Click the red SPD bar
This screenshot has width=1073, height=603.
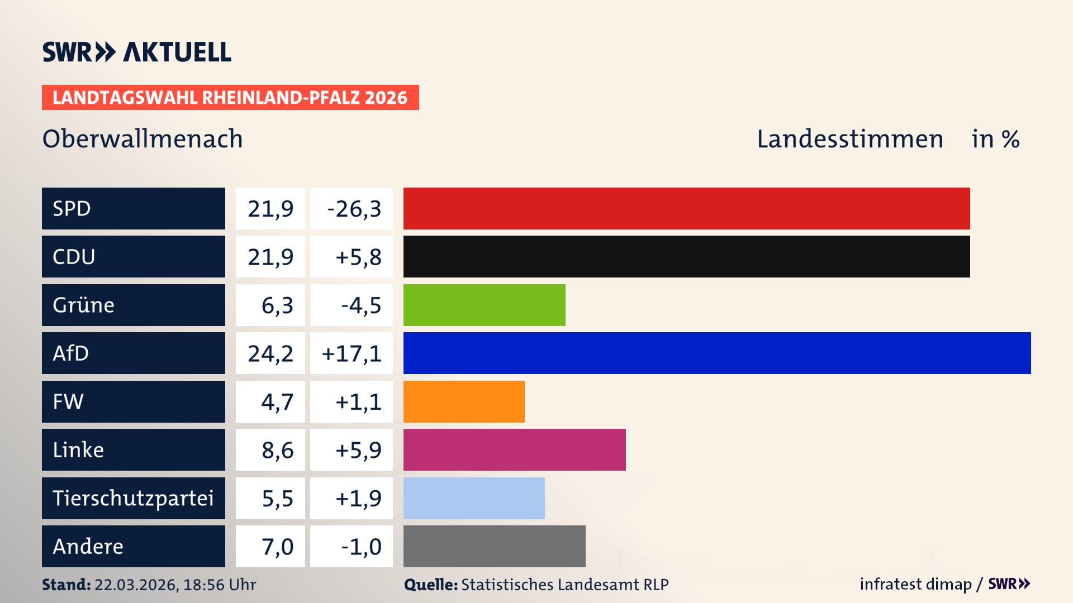(686, 208)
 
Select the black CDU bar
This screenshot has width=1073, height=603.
(686, 256)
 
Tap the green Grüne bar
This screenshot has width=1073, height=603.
(484, 305)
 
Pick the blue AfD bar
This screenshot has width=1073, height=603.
(717, 353)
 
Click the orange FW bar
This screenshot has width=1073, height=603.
(464, 401)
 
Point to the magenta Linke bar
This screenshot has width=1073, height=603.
(514, 449)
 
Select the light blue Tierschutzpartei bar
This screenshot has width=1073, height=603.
(474, 498)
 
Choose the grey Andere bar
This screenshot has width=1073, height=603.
(494, 546)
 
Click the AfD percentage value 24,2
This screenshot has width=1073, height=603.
(270, 353)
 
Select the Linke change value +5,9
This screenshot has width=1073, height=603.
(358, 450)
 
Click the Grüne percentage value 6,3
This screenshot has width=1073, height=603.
(277, 305)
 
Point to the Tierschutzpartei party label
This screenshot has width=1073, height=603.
(133, 498)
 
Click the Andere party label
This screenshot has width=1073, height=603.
(88, 546)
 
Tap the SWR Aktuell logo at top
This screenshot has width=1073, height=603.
(137, 52)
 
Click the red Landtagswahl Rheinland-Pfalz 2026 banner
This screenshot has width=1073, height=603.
(230, 98)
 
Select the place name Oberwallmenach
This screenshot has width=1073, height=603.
(143, 139)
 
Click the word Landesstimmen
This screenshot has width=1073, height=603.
(849, 139)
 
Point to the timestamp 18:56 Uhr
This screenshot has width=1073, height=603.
(219, 585)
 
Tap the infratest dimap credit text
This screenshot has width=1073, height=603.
(915, 584)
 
